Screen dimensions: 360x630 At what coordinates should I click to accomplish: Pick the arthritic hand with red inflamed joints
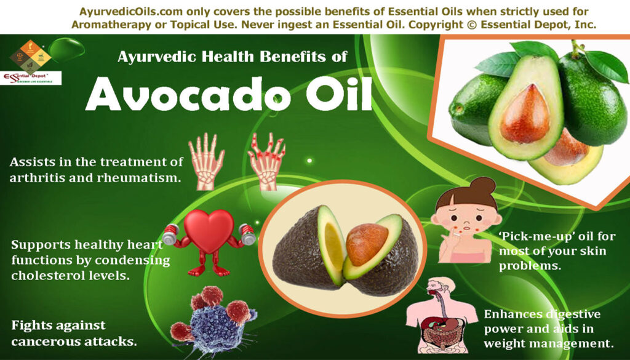(x=266, y=161)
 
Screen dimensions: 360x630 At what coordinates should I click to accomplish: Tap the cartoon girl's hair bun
(x=482, y=185)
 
